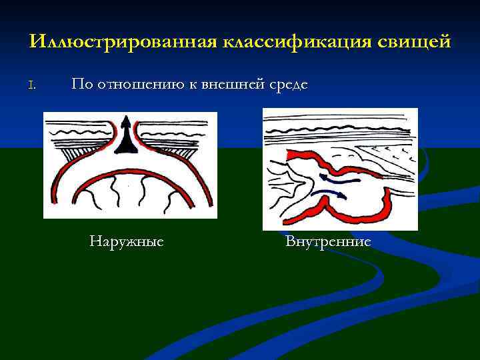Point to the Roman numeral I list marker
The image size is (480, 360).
click(x=32, y=85)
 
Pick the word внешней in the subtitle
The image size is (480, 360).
click(x=231, y=84)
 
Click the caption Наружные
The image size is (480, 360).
click(x=127, y=241)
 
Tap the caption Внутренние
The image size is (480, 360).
click(x=328, y=241)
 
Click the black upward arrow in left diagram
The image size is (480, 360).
click(x=127, y=133)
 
